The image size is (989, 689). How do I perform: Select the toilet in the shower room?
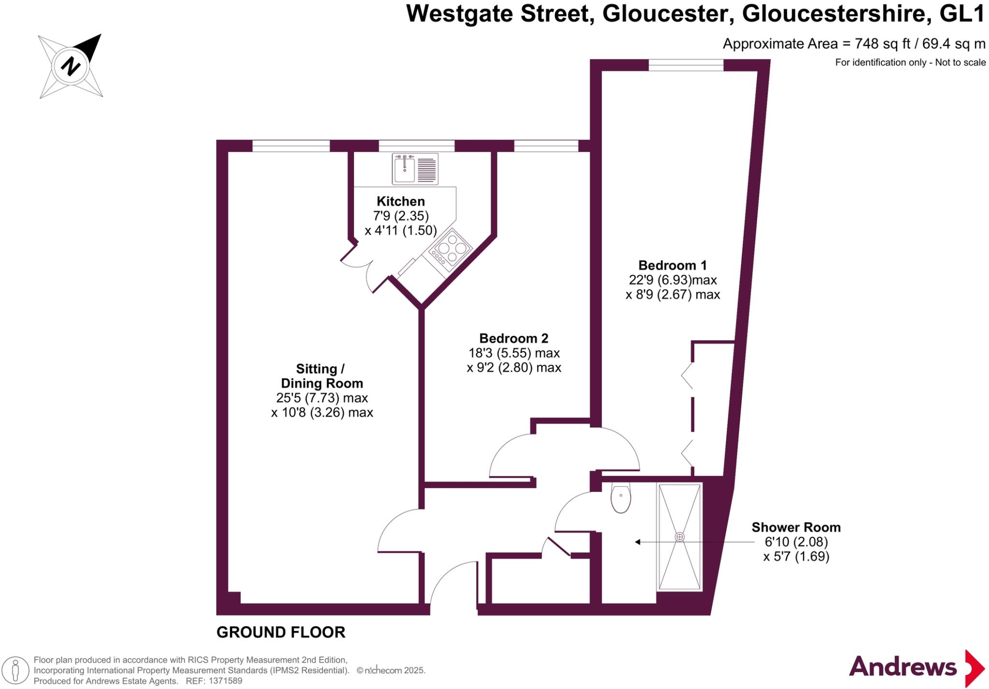pos(621,498)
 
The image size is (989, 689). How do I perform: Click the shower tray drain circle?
pos(679,537)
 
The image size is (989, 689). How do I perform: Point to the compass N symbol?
pos(71,66)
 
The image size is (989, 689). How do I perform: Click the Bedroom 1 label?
pos(672,265)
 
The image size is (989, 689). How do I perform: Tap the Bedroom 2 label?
pos(513,338)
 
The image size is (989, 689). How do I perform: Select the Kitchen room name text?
pos(400,201)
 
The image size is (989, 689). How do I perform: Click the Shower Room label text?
pos(796,527)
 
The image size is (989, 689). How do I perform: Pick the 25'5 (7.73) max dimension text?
pos(322,398)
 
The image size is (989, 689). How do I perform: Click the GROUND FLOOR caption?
pos(281,632)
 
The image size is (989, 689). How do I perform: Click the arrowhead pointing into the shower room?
pos(638,542)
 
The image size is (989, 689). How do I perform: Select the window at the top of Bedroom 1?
pos(686,65)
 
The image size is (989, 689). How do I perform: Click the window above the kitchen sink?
pos(416,145)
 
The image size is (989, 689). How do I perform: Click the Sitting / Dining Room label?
pos(322,376)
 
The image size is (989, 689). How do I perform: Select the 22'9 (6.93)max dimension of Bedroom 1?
pos(672,280)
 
